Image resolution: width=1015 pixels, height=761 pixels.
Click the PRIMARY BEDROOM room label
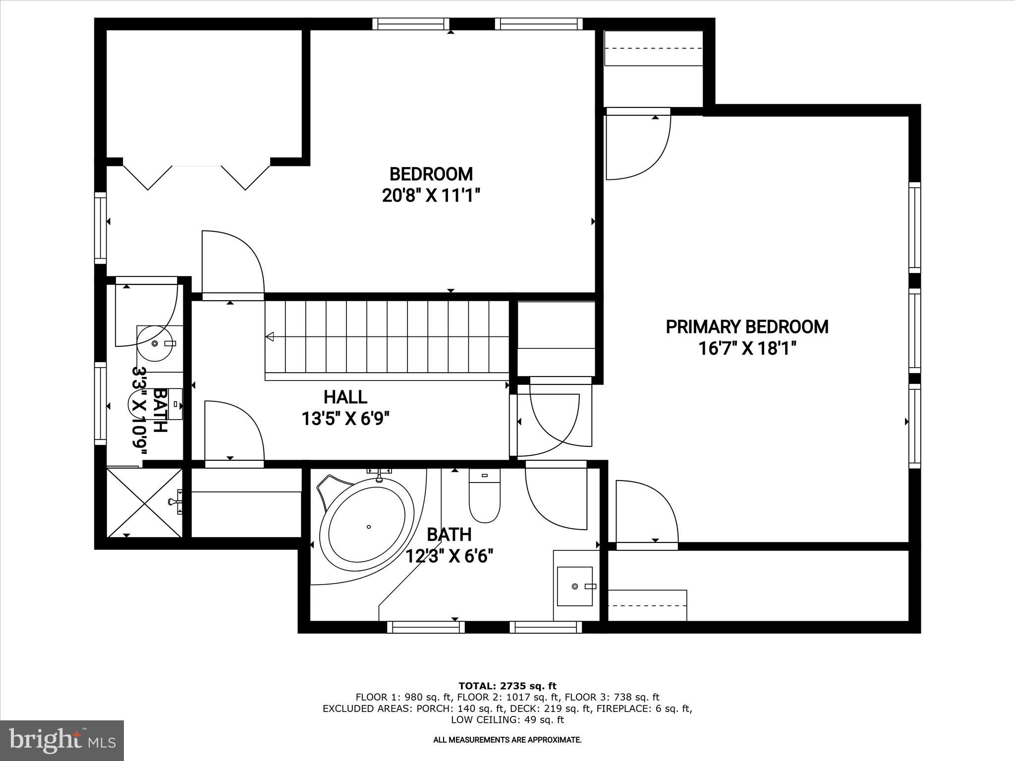pos(746,327)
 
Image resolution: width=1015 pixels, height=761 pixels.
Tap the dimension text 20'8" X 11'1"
pos(431,196)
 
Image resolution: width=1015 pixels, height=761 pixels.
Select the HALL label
pos(345,397)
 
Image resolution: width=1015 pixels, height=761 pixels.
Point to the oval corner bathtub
pos(367,526)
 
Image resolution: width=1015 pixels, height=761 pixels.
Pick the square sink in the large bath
pos(575,586)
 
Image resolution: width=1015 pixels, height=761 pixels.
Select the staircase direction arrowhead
pos(270,337)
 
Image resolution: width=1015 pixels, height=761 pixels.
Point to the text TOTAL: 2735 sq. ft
pos(507,686)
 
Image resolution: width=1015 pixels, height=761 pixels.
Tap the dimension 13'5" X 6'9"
pos(345,420)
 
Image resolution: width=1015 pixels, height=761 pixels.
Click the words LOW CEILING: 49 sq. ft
pos(507,719)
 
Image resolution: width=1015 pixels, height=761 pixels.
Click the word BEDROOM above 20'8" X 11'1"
pos(431,174)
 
